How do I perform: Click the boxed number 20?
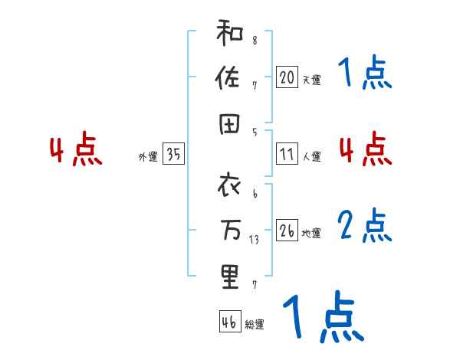click(287, 77)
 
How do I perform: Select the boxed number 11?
click(287, 155)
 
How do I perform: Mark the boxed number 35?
click(173, 155)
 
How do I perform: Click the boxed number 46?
click(228, 322)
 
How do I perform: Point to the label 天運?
click(311, 80)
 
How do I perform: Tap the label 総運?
click(255, 324)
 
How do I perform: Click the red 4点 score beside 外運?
click(75, 151)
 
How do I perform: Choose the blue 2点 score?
click(365, 226)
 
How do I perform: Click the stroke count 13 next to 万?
click(255, 238)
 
